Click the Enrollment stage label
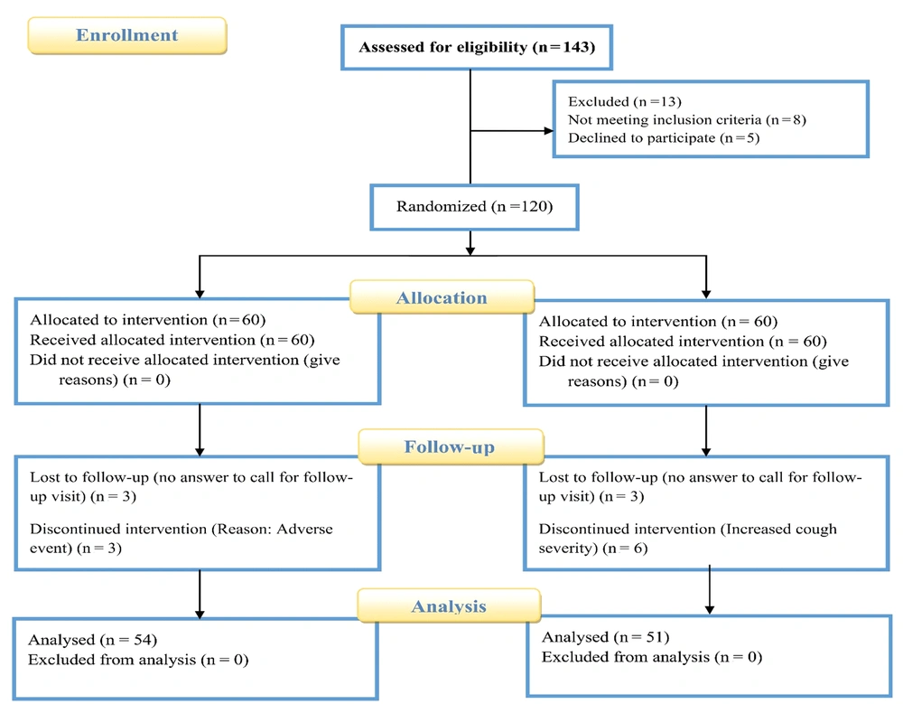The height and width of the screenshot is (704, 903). point(127,36)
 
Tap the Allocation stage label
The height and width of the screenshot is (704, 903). point(442,297)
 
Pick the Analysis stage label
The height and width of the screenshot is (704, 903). point(449,606)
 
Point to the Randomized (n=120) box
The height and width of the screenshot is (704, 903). point(475,207)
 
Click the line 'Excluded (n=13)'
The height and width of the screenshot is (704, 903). point(625,102)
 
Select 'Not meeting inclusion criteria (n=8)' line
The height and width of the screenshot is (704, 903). point(687,120)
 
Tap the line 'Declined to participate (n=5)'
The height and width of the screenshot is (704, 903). point(664,138)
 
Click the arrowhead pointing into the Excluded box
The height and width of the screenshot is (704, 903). point(549,131)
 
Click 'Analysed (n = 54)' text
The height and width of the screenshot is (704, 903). point(93,640)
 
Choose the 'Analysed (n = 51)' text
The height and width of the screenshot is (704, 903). point(606,637)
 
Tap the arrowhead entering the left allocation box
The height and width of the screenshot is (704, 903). point(200,294)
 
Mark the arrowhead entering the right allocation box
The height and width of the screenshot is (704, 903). point(706,294)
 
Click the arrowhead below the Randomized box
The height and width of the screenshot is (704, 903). point(470,251)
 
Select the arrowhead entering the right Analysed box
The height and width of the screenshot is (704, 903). point(710,609)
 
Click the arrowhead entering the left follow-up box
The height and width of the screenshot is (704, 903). point(200,452)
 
